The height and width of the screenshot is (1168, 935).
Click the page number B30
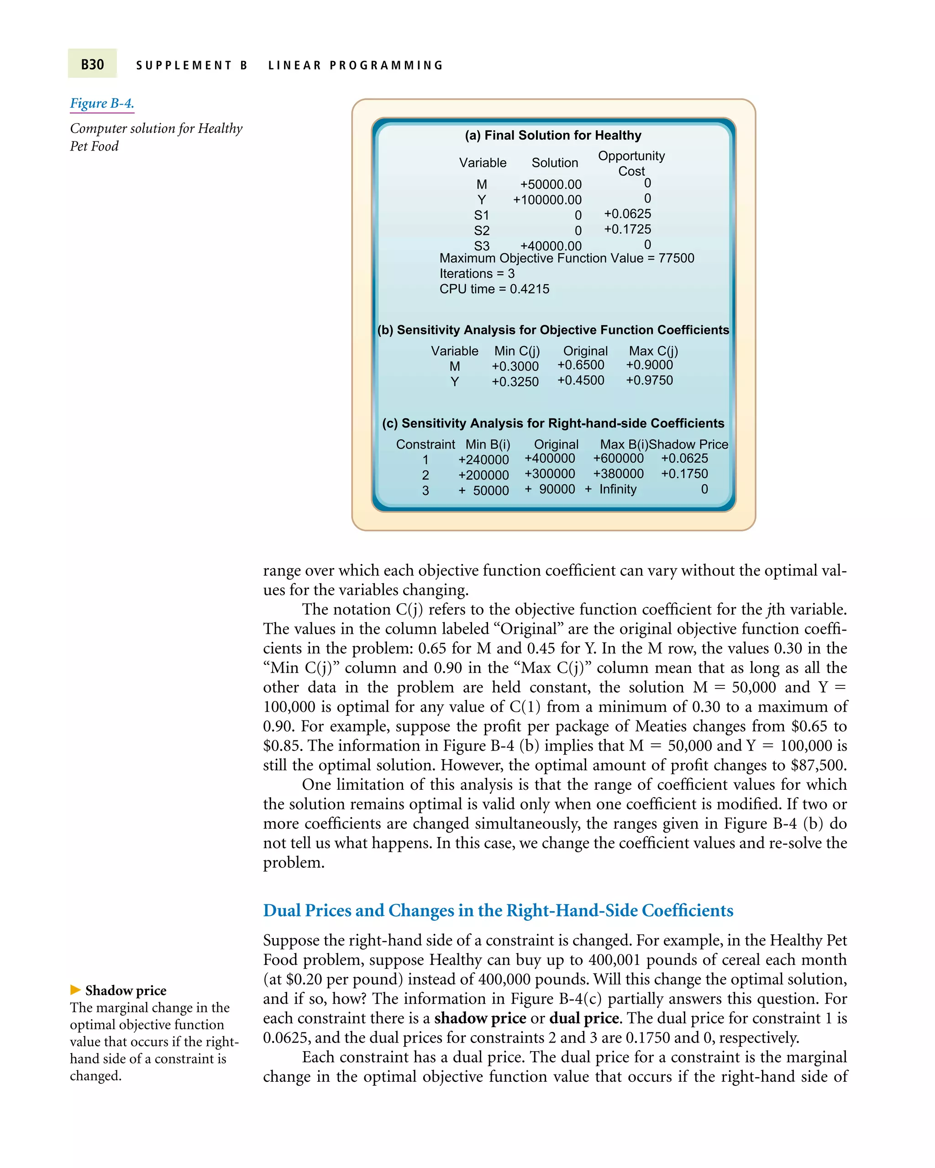click(x=92, y=64)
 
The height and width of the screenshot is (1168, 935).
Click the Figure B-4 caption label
click(x=102, y=103)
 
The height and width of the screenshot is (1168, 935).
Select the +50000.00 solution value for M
click(x=550, y=184)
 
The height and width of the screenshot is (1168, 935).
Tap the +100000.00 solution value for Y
click(x=547, y=200)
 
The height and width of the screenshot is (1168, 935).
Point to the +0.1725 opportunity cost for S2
click(x=627, y=229)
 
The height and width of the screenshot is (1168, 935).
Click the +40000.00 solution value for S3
click(x=550, y=246)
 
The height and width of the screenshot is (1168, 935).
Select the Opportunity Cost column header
click(x=631, y=163)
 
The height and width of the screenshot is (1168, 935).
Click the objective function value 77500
click(x=676, y=258)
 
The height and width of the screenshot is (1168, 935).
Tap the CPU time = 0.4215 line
click(x=494, y=289)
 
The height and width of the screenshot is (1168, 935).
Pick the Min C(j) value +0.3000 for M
click(x=515, y=366)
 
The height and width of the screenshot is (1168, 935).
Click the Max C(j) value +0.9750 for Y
click(x=649, y=381)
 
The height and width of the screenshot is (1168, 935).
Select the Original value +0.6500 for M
click(x=581, y=365)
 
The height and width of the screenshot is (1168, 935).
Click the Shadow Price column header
click(x=688, y=444)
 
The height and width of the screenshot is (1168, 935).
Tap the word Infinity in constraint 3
click(x=617, y=489)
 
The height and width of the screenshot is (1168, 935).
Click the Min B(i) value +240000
click(x=483, y=460)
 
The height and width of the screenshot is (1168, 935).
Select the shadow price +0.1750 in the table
click(x=684, y=474)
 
